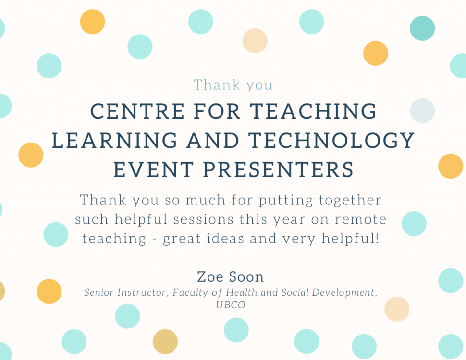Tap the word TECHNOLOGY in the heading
pyautogui.click(x=331, y=140)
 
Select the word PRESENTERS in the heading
pyautogui.click(x=278, y=169)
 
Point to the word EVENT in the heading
pyautogui.click(x=154, y=169)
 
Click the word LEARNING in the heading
pyautogui.click(x=114, y=140)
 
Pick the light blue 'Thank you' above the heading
pyautogui.click(x=233, y=85)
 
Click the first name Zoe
pyautogui.click(x=210, y=277)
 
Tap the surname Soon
pyautogui.click(x=246, y=277)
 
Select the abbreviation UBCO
pyautogui.click(x=231, y=305)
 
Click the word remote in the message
pyautogui.click(x=360, y=219)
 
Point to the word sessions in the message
pyautogui.click(x=203, y=219)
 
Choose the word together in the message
pyautogui.click(x=350, y=201)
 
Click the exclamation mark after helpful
pyautogui.click(x=378, y=238)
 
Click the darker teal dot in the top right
pyautogui.click(x=422, y=28)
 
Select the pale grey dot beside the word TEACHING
pyautogui.click(x=422, y=110)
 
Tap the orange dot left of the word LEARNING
pyautogui.click(x=31, y=155)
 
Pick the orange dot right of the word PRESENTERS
pyautogui.click(x=451, y=166)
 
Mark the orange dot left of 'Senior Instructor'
pyautogui.click(x=49, y=291)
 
